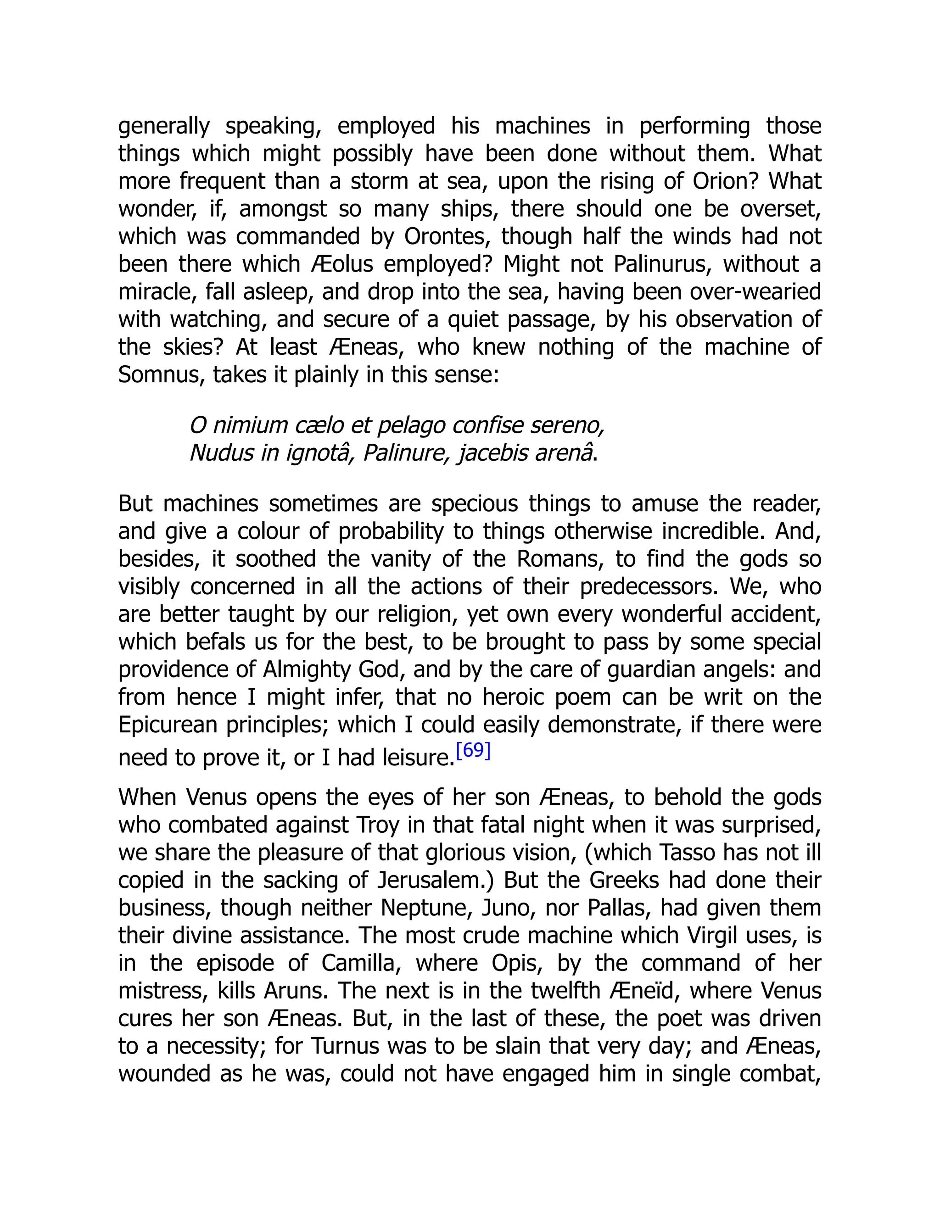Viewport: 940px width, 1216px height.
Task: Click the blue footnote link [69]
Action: (473, 751)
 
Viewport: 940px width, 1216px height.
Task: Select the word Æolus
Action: (342, 264)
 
